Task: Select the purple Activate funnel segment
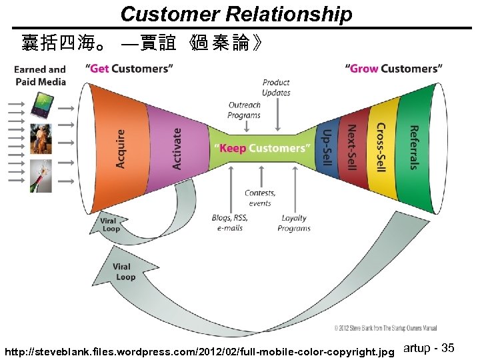tap(175, 148)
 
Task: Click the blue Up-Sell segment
tap(326, 148)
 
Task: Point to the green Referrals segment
tap(413, 148)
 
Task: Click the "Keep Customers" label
tap(261, 148)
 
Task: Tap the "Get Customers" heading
tap(130, 68)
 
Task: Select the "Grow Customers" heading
tap(393, 68)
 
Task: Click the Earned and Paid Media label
tap(40, 75)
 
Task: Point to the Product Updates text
tap(276, 87)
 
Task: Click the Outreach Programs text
tap(244, 110)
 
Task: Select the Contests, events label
tap(260, 198)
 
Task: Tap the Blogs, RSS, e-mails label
tap(230, 223)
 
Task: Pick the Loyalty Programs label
tap(294, 223)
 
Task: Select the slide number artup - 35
tap(429, 348)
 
